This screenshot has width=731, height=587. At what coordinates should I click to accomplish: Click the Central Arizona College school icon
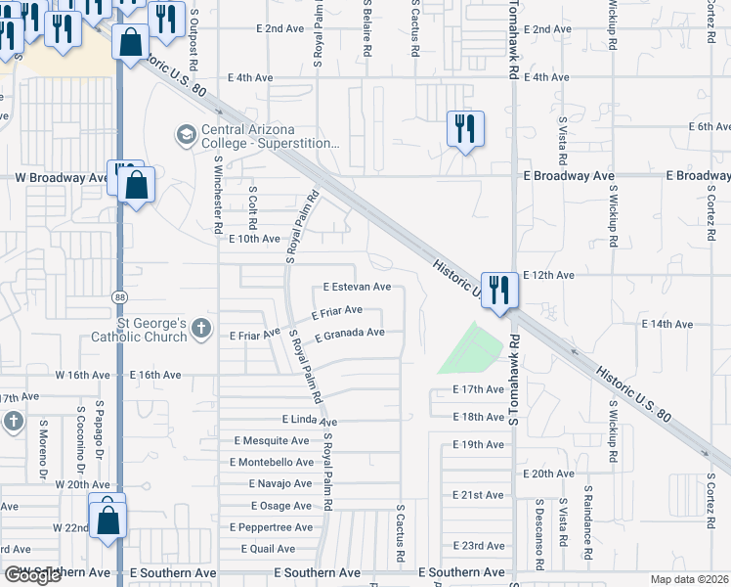click(186, 133)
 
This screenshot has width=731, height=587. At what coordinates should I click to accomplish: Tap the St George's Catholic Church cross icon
click(201, 327)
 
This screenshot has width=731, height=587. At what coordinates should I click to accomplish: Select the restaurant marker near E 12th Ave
click(498, 290)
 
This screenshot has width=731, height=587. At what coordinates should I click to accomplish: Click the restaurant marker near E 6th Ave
click(464, 128)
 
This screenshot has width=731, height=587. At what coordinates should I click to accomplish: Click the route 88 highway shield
click(119, 295)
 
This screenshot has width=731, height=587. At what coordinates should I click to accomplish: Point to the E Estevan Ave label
click(357, 288)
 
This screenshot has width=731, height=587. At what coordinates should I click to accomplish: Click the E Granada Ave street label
click(349, 334)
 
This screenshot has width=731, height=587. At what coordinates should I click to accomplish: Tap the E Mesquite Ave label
click(270, 441)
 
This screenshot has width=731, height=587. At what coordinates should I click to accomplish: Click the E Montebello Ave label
click(272, 462)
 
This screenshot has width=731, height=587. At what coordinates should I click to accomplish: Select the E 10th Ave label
click(254, 239)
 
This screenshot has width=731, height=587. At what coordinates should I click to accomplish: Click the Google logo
click(32, 575)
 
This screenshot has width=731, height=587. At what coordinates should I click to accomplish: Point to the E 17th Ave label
click(479, 389)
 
